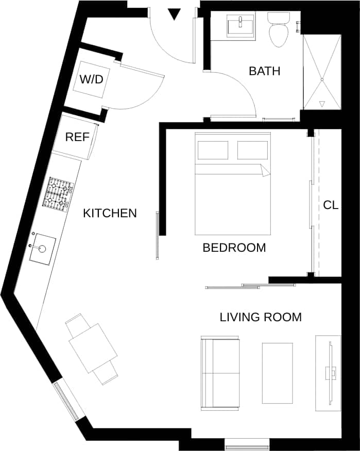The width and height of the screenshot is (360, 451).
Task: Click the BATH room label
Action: pos(264,71)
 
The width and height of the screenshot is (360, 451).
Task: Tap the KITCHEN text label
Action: pos(110,213)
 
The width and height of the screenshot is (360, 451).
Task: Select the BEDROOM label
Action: pos(234,248)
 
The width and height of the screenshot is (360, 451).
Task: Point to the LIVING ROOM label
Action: pos(261,317)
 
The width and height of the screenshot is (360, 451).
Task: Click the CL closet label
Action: pos(331,205)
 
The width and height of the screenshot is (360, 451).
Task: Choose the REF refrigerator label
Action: pos(77,137)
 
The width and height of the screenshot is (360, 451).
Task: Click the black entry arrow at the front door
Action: pos(175,14)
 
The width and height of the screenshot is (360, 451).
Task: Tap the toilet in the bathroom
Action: pos(279,31)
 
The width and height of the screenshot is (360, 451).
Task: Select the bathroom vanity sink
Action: pos(241,25)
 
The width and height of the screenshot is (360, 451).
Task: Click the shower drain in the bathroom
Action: pos(322,79)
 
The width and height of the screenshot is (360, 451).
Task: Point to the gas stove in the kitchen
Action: pos(58,195)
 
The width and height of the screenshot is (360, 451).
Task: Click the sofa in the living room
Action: pos(220,373)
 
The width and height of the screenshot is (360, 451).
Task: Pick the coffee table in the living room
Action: pos(277,373)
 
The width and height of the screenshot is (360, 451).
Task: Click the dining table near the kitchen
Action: pos(93,348)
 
